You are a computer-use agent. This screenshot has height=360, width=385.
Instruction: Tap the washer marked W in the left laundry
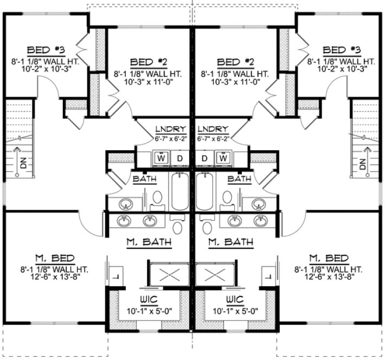162,158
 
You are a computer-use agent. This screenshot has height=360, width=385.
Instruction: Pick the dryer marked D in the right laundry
205,158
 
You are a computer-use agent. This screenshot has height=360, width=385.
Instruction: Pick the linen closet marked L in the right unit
267,275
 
